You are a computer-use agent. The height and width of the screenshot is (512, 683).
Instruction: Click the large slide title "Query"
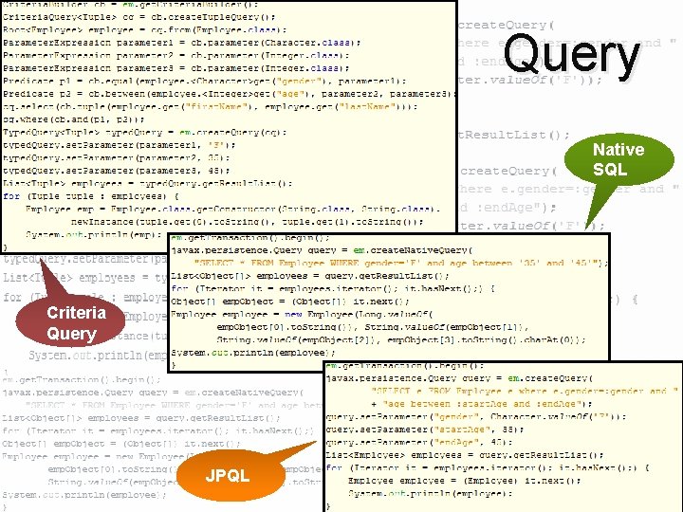(572, 55)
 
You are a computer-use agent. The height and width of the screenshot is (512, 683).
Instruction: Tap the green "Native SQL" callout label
(618, 159)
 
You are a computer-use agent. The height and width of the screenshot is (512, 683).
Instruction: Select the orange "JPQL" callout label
(228, 475)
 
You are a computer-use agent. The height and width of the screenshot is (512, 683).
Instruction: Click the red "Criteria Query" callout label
(71, 323)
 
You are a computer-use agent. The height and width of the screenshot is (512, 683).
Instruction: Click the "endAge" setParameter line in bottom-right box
(427, 441)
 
